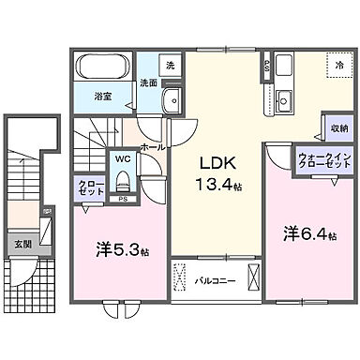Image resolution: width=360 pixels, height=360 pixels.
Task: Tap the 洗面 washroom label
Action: coord(148,82)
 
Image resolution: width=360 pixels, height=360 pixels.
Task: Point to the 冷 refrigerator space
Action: coord(338,65)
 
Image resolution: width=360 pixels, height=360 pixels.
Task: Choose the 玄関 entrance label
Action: coord(22,244)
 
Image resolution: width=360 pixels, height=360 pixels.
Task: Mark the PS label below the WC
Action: coord(123,199)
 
